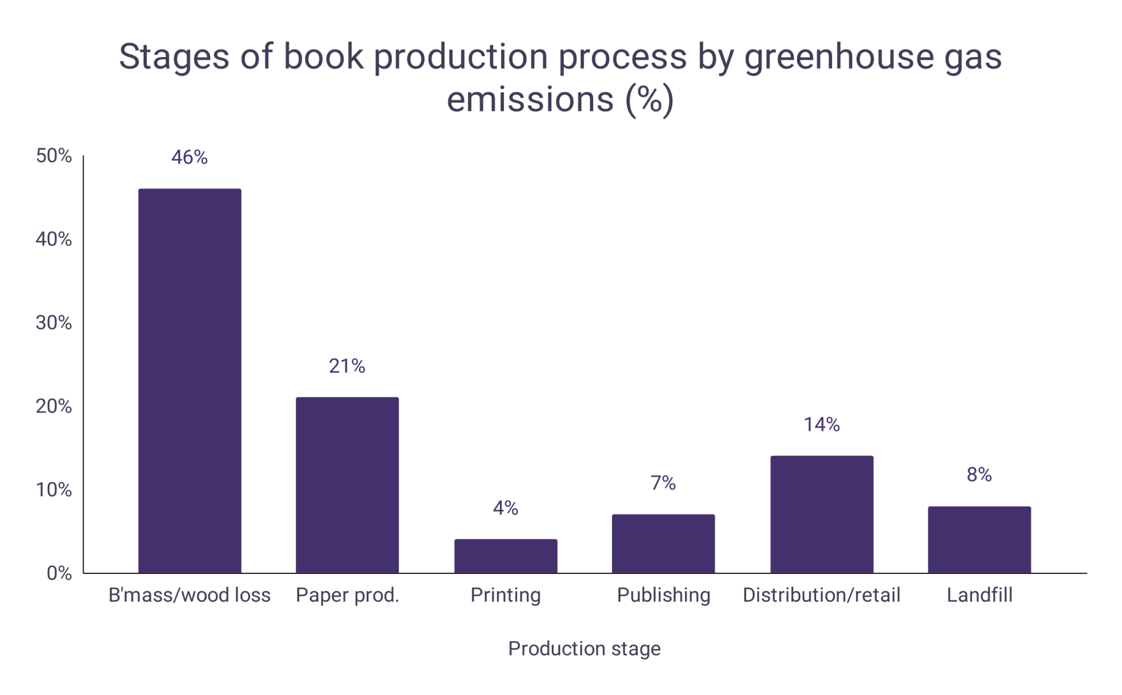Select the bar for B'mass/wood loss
click(x=190, y=381)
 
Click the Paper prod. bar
click(x=347, y=485)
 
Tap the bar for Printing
click(x=506, y=556)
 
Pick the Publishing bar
click(x=663, y=543)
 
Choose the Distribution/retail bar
click(x=822, y=514)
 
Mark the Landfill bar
click(x=980, y=539)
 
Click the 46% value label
click(x=190, y=157)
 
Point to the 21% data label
click(x=347, y=366)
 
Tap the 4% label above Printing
click(x=506, y=508)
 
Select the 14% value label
click(x=822, y=424)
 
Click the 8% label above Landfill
click(x=980, y=475)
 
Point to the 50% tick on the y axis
click(x=54, y=156)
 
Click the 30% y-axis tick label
click(x=54, y=323)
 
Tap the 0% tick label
click(x=59, y=573)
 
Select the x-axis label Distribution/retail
click(x=822, y=595)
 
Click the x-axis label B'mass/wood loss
click(x=190, y=595)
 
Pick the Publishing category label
click(x=663, y=595)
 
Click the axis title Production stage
click(x=584, y=648)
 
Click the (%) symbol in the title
click(x=650, y=100)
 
